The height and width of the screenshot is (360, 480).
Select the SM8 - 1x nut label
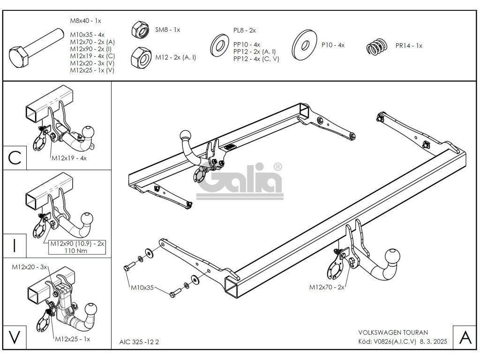[167, 30]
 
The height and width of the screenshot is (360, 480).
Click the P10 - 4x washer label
[333, 45]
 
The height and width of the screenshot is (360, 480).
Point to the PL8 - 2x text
[244, 30]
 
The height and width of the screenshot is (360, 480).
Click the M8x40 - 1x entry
[85, 21]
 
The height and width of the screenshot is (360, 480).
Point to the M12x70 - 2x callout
[326, 287]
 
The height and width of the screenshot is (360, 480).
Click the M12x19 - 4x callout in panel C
[68, 158]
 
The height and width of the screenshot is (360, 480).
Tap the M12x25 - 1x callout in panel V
[73, 339]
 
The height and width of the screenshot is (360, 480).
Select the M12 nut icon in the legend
[141, 58]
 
